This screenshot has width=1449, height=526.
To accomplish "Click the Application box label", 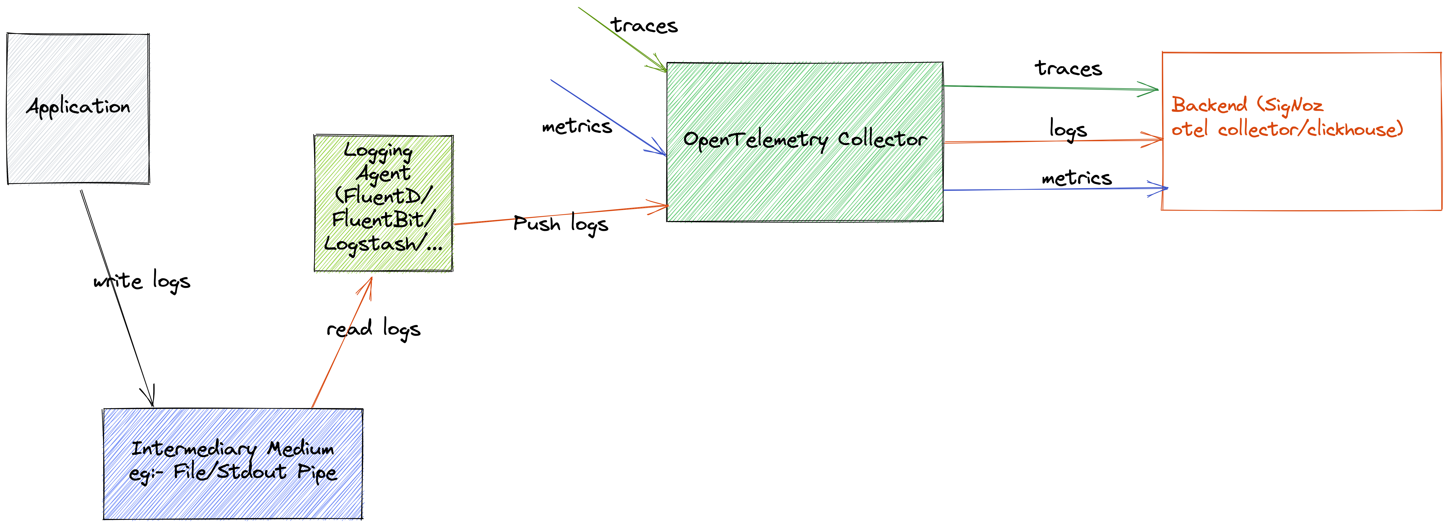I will click(78, 107).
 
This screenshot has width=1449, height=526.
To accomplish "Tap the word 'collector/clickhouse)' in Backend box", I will click(1311, 129).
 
